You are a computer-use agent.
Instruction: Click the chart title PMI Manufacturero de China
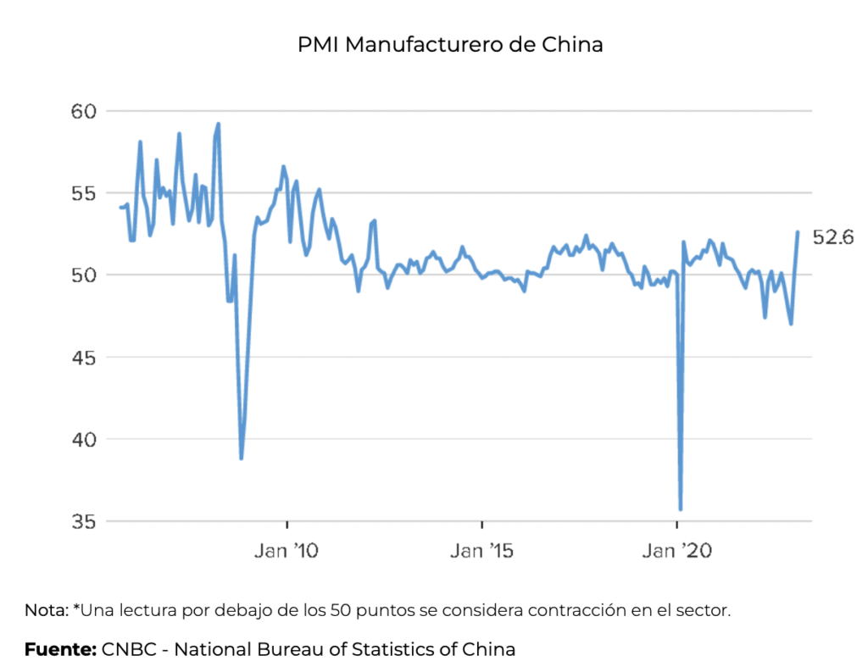450,45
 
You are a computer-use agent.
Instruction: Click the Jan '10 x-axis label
287,552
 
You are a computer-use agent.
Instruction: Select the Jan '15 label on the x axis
481,552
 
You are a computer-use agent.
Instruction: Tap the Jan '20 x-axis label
676,552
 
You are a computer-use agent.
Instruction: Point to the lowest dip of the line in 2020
681,509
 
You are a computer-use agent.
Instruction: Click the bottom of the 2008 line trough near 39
242,458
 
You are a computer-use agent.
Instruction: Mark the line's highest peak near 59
219,124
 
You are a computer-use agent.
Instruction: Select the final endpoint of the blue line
798,232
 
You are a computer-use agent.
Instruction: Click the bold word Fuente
59,650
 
